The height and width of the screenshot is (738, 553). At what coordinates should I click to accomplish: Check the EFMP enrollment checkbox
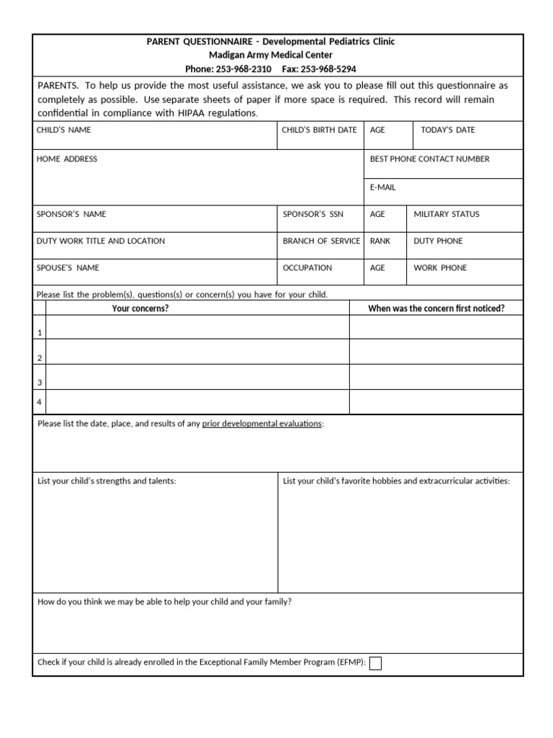click(375, 663)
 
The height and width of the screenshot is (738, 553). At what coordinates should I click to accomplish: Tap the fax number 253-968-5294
click(328, 69)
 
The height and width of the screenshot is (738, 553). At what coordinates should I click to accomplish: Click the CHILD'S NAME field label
click(64, 130)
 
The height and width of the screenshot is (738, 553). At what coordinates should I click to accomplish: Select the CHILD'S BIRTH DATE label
click(319, 130)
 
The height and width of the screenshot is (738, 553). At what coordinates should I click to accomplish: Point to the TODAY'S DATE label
click(448, 130)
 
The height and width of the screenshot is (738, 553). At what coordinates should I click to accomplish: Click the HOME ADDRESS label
click(67, 159)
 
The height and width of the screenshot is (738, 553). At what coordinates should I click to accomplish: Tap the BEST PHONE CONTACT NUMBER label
click(429, 159)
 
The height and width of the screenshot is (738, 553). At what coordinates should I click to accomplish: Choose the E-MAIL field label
click(382, 187)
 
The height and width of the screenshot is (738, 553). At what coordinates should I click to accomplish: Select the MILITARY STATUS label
click(446, 214)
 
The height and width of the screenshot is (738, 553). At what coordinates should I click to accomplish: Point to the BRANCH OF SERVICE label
click(321, 241)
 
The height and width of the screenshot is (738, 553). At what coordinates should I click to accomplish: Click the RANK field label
click(380, 241)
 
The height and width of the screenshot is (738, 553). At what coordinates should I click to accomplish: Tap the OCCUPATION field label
click(307, 267)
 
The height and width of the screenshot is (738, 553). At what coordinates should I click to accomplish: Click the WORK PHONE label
click(440, 267)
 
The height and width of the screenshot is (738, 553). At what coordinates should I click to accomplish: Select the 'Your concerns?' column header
click(140, 308)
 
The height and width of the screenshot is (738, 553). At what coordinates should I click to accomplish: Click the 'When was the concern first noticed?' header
click(436, 308)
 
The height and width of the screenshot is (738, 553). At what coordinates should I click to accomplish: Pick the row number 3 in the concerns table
click(40, 382)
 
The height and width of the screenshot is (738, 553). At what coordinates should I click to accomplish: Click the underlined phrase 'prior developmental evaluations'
click(262, 424)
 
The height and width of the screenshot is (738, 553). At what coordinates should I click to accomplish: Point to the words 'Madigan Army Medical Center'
click(271, 55)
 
